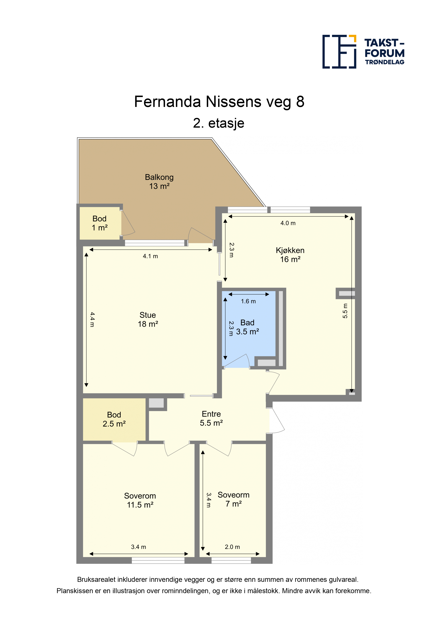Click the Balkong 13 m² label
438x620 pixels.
pos(159,182)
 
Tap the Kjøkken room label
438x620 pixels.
pos(290,255)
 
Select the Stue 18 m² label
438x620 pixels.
pos(148,319)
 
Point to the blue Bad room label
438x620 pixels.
pos(247,327)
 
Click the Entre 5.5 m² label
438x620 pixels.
pos(211,418)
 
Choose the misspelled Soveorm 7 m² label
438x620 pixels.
pos(233,499)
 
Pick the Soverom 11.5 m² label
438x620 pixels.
pos(140,500)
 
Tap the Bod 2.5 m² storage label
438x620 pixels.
pos(114,419)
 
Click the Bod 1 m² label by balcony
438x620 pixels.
pos(100,223)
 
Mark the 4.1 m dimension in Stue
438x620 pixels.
pos(150,256)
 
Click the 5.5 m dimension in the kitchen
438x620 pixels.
pos(345,311)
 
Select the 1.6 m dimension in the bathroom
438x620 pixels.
pos(248,301)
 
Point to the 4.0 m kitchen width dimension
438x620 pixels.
pos(288,223)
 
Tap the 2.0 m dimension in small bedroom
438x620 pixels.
pos(232,547)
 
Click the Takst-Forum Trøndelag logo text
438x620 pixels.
pos(384,52)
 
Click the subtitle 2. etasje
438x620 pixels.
pos(219,123)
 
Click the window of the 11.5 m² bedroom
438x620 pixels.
pos(158,560)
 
